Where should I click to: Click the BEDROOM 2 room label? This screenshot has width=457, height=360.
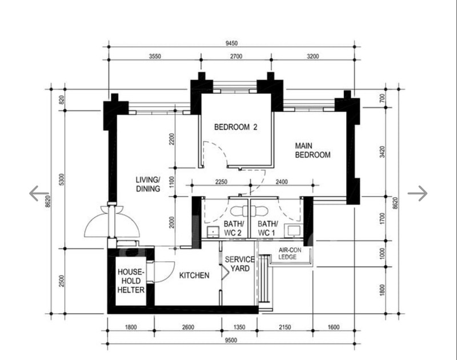coord(235,127)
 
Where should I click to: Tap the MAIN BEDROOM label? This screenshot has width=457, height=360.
coord(312,150)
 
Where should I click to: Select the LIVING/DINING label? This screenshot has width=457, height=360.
coord(148,184)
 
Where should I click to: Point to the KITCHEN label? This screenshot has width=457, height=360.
coord(194,275)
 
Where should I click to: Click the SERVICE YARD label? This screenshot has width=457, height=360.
coord(239,264)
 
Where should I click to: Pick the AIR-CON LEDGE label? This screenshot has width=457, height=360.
coord(290,253)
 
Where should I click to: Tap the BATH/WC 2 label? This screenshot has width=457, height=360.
coord(233,228)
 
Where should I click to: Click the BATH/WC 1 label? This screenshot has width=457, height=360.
coord(267,228)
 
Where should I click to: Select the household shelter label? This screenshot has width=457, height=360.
coord(131,281)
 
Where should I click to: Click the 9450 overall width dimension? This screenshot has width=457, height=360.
coord(231,43)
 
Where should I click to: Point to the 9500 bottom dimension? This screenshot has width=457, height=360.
coord(231,340)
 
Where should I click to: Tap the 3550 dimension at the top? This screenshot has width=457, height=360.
coord(155,56)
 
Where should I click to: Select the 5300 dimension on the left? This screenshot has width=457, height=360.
coord(61,179)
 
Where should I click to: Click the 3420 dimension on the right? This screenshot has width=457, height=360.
coord(382,152)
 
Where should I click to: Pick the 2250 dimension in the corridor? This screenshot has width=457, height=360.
coord(221,182)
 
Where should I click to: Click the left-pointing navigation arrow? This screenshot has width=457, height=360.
coord(39,193)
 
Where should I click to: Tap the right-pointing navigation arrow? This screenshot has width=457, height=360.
coord(418,193)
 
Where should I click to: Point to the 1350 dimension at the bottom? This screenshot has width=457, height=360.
coord(239,327)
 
